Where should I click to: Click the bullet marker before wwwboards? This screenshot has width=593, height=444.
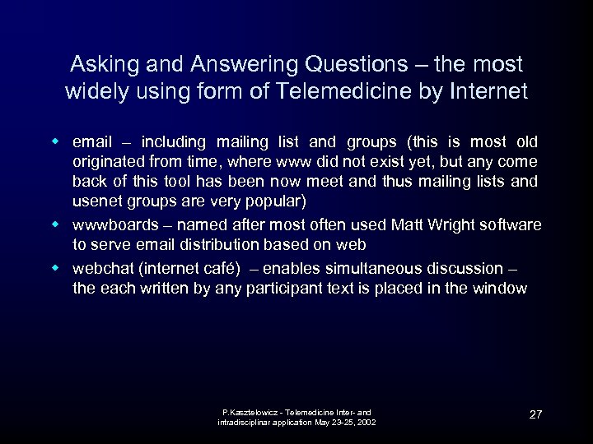pyautogui.click(x=58, y=224)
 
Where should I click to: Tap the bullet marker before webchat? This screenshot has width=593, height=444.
pyautogui.click(x=58, y=268)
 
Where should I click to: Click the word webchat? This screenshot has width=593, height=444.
pyautogui.click(x=102, y=269)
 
